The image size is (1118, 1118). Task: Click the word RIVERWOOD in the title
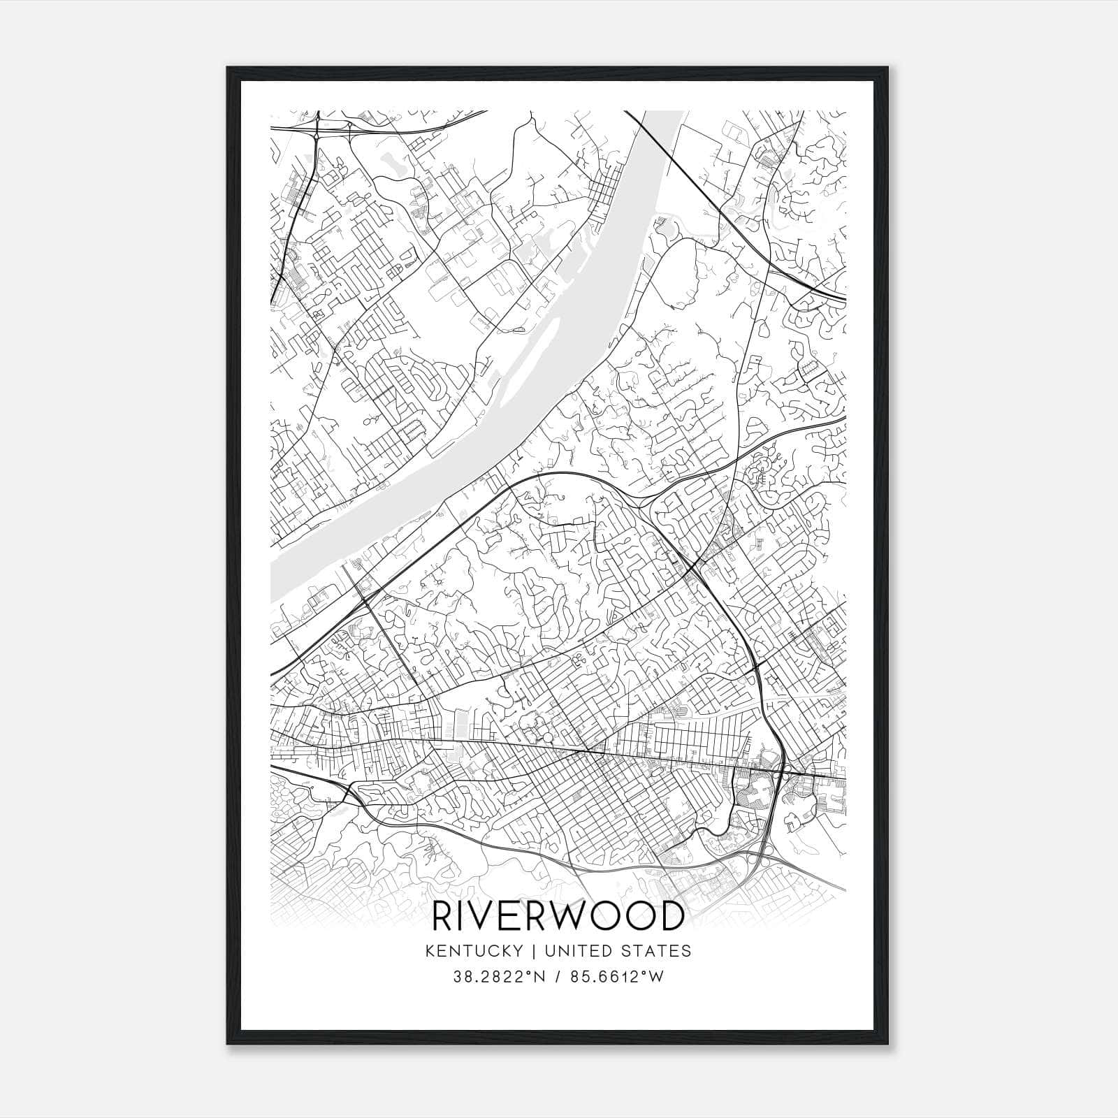click(x=558, y=916)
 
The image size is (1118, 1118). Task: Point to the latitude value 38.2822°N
click(x=495, y=977)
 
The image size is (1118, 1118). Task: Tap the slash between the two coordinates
click(x=557, y=977)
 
